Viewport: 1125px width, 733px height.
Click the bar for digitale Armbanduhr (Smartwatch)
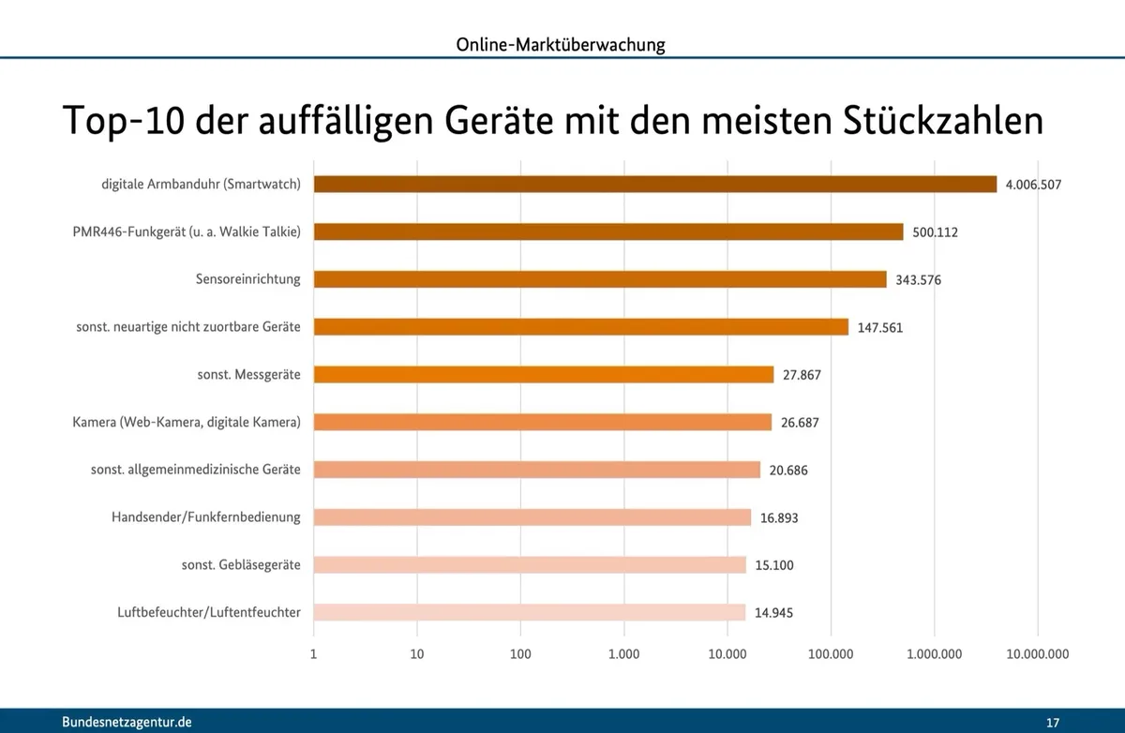pyautogui.click(x=654, y=185)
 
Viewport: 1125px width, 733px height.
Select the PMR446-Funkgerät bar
pyautogui.click(x=607, y=232)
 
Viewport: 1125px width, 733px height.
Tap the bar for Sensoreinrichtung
pyautogui.click(x=599, y=279)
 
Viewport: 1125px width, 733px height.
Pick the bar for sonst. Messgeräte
pyautogui.click(x=543, y=375)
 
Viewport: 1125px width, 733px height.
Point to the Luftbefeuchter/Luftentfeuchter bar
pyautogui.click(x=529, y=612)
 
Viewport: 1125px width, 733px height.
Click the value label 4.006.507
pyautogui.click(x=1033, y=185)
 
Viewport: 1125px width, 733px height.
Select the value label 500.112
pyautogui.click(x=935, y=232)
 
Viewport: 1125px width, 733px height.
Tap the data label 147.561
pyautogui.click(x=880, y=327)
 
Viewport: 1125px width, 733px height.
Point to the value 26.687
pyautogui.click(x=800, y=423)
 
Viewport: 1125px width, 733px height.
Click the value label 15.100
pyautogui.click(x=774, y=565)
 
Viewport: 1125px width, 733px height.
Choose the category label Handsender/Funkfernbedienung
pyautogui.click(x=206, y=517)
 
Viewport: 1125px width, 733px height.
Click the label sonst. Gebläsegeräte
pyautogui.click(x=241, y=565)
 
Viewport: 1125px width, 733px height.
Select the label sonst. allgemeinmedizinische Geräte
pyautogui.click(x=196, y=470)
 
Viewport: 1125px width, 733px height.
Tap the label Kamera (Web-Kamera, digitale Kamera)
pyautogui.click(x=187, y=423)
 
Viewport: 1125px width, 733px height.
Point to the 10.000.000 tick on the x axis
pyautogui.click(x=1037, y=655)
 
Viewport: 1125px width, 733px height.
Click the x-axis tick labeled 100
pyautogui.click(x=520, y=655)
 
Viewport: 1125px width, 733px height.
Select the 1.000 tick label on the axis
pyautogui.click(x=623, y=655)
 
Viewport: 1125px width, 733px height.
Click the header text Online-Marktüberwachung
pyautogui.click(x=561, y=44)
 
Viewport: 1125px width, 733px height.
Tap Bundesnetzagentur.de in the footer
pyautogui.click(x=127, y=722)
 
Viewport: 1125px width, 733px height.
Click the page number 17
pyautogui.click(x=1052, y=722)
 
